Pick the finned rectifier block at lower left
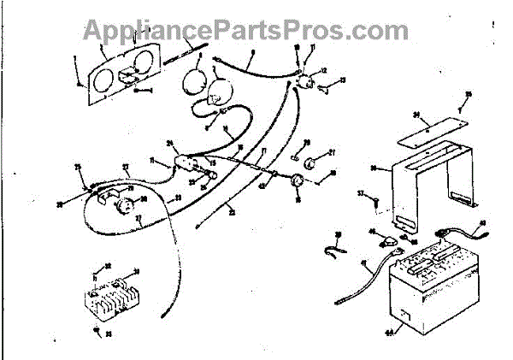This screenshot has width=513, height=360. (x=111, y=295)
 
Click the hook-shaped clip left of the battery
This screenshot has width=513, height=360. (x=336, y=251)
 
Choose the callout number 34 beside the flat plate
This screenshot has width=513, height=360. (x=415, y=114)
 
